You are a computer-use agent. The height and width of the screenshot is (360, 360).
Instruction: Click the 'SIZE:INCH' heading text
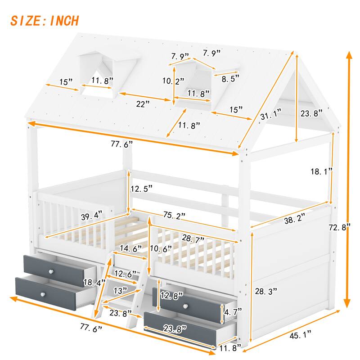tap(45, 20)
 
